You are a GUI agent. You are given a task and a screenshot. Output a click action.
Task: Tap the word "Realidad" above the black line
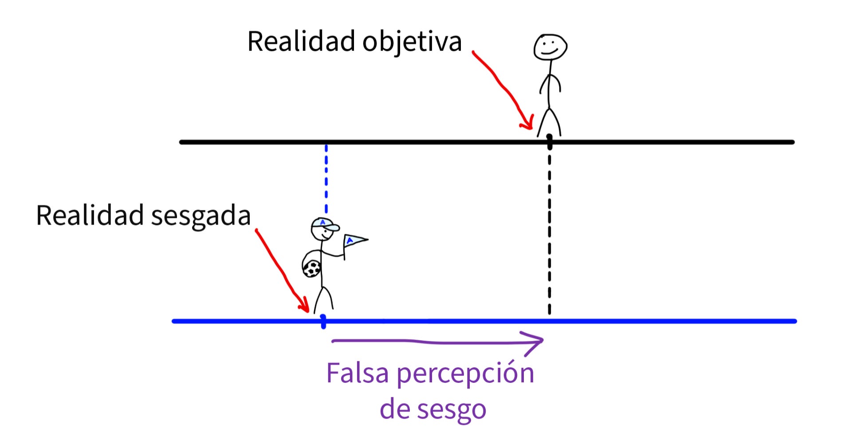point(302,42)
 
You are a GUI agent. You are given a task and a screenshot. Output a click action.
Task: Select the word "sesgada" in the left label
point(200,217)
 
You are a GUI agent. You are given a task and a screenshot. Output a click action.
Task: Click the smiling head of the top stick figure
point(550,47)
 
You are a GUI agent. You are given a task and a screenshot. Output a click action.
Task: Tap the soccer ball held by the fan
point(312,268)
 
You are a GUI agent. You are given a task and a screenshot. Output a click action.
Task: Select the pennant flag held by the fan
point(354,241)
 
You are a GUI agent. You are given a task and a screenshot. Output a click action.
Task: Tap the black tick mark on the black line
point(550,142)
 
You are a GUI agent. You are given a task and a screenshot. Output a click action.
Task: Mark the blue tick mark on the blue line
point(323,321)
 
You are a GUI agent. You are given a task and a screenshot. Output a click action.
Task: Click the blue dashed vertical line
point(326,177)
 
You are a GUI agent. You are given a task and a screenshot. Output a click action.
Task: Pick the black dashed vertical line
point(550,230)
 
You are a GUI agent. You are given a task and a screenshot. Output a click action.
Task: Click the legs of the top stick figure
point(549,122)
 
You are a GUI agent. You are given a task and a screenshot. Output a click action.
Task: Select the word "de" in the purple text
point(394,409)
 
